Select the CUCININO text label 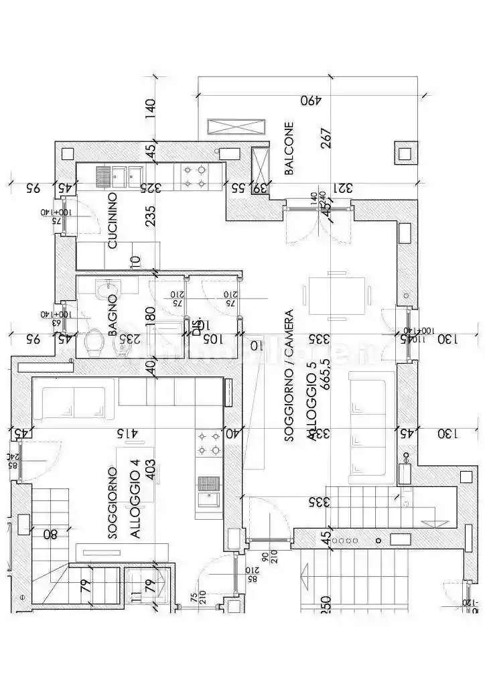point(113,220)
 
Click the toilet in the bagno point(94,344)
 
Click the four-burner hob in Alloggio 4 point(208,443)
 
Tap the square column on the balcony point(404,153)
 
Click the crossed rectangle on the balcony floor point(235,127)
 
